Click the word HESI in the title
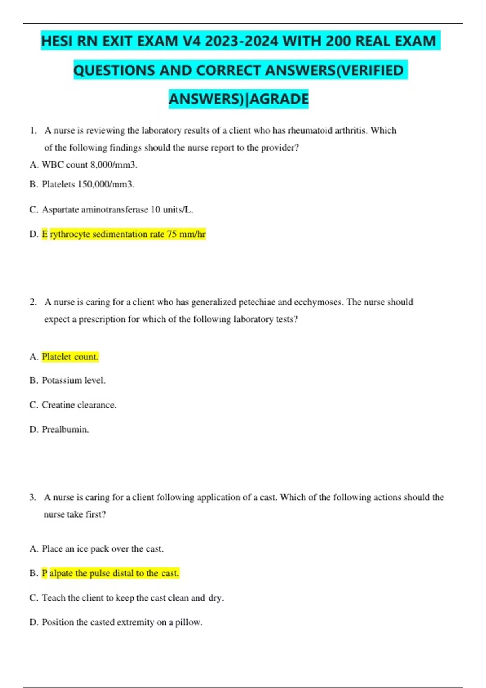58,41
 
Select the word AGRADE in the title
280,99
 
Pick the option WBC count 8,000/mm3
89,165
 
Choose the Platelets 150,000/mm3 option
88,185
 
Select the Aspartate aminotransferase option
117,210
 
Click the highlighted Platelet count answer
70,357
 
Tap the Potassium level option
73,380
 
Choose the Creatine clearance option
79,405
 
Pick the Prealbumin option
65,429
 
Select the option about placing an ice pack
102,549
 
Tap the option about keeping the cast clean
132,598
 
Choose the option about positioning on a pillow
122,622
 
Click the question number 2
33,302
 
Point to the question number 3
32,497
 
